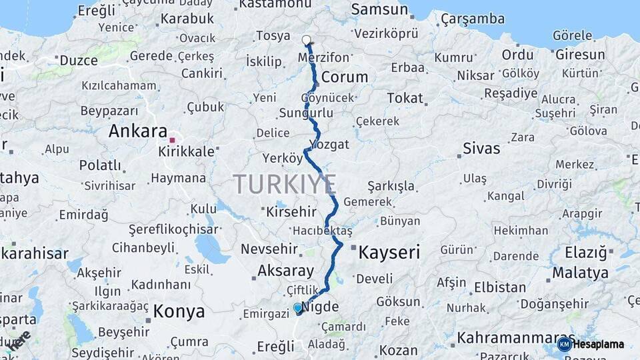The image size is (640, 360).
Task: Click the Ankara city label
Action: (x=137, y=131)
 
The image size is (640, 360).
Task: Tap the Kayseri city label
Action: (x=389, y=252)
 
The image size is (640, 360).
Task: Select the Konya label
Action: (x=179, y=311)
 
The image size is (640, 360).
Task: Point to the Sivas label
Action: (x=481, y=148)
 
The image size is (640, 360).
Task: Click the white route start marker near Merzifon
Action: (x=307, y=40)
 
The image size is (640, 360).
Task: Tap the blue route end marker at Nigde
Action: (x=298, y=308)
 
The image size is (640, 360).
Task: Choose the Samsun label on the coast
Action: (x=379, y=9)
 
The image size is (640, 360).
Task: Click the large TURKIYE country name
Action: (x=285, y=183)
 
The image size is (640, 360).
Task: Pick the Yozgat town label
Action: (x=331, y=144)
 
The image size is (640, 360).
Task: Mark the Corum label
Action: (x=344, y=77)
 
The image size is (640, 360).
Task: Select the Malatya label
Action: (x=580, y=273)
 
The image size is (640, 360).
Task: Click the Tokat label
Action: (x=405, y=98)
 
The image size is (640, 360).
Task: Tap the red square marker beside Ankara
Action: (x=172, y=140)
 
